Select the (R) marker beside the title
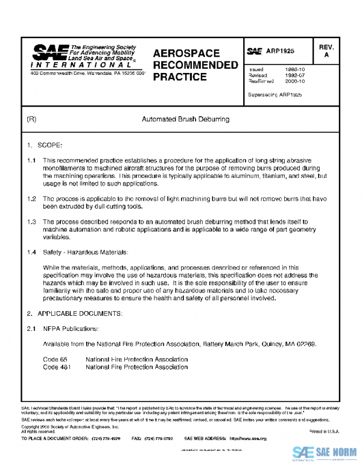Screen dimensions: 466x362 pos(32,119)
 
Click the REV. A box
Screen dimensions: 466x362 pos(326,51)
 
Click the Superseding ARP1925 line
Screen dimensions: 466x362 pos(275,95)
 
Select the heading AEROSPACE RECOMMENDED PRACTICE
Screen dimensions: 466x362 pos(195,65)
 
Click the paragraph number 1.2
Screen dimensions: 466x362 pos(32,198)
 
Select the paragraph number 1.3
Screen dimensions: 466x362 pos(32,222)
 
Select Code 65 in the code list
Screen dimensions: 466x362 pos(55,359)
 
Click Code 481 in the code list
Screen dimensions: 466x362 pos(57,367)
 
